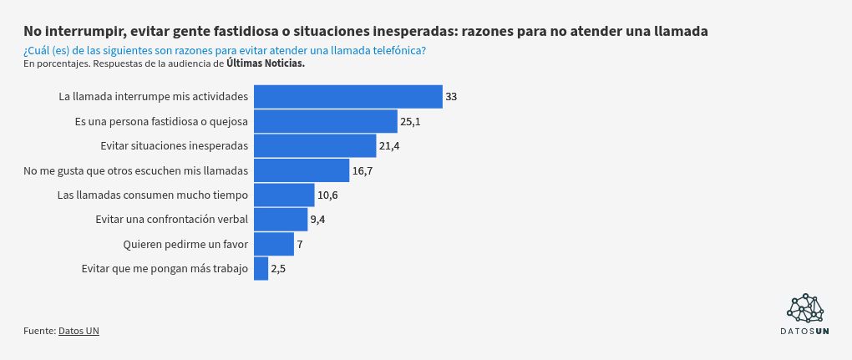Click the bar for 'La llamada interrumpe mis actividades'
click(347, 97)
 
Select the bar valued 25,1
click(325, 122)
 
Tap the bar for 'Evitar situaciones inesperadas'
click(315, 146)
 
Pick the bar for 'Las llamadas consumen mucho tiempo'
click(284, 195)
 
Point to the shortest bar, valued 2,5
click(261, 269)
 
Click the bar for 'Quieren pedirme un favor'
click(274, 245)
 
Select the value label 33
click(451, 97)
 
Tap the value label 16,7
click(362, 171)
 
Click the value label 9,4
click(317, 221)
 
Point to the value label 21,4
click(389, 146)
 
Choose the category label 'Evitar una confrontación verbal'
click(172, 220)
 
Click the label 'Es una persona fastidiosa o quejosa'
click(161, 122)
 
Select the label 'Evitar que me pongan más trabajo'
click(165, 269)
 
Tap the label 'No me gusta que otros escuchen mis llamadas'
click(136, 171)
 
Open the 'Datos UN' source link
click(79, 331)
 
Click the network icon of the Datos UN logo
click(804, 308)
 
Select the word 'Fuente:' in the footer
click(39, 331)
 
